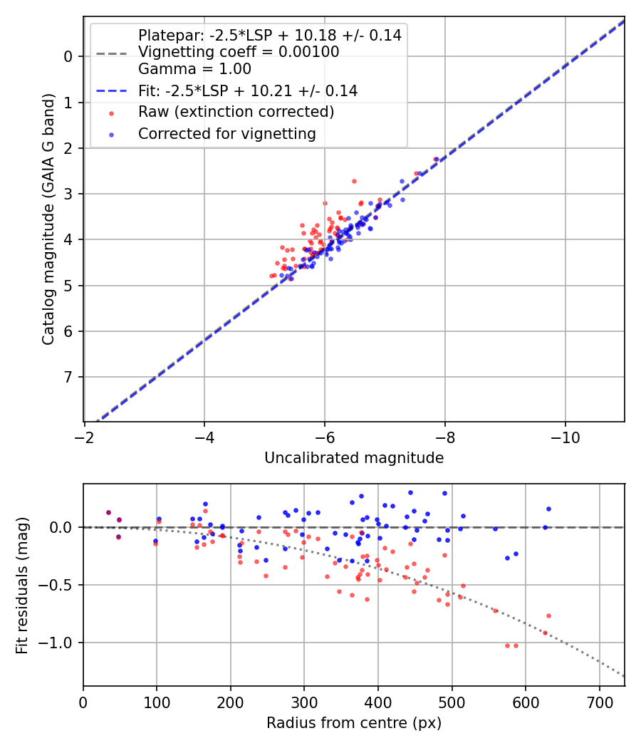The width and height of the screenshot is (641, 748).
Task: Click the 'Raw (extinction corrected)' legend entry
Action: (236, 112)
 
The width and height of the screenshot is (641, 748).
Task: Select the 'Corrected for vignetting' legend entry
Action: (226, 133)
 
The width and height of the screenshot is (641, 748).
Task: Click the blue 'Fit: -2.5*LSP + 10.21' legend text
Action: (248, 91)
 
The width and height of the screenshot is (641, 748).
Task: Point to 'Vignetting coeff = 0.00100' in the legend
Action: (239, 52)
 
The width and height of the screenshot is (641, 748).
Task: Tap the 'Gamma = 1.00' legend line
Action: (194, 69)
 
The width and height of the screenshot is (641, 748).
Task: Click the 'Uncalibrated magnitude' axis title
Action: (354, 458)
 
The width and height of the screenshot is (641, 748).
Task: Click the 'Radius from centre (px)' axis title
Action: (354, 723)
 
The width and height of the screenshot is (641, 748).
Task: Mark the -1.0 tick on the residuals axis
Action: (60, 643)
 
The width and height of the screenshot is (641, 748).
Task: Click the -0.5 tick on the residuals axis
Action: (60, 585)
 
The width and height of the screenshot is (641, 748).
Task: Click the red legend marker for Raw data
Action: (111, 113)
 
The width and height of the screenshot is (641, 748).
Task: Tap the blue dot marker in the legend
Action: (111, 134)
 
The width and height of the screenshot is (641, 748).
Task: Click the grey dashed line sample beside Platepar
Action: (111, 53)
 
